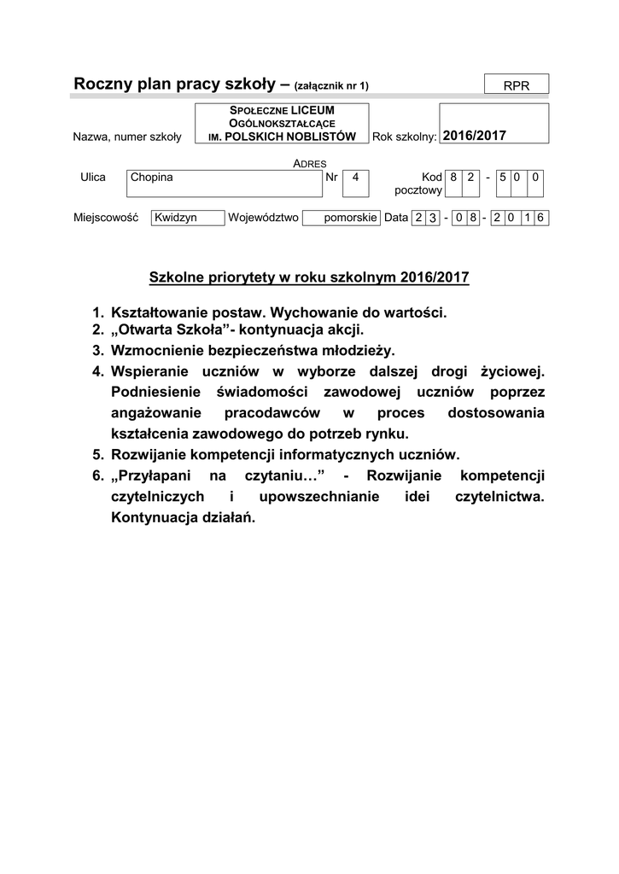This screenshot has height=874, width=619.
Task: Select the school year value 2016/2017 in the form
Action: (476, 136)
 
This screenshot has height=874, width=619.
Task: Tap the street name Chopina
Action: (151, 178)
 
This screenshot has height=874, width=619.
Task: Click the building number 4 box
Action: (355, 178)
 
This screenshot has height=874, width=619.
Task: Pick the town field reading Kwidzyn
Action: (176, 218)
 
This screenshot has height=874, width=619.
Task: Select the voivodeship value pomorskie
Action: (350, 218)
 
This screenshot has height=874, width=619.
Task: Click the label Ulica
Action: (92, 178)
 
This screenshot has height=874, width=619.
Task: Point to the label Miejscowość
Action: (106, 218)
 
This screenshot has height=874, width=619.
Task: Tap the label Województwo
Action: (263, 218)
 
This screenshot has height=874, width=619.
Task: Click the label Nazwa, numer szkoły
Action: (127, 137)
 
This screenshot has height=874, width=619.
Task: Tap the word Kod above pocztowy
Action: (431, 178)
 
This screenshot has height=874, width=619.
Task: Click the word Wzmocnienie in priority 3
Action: (154, 350)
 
